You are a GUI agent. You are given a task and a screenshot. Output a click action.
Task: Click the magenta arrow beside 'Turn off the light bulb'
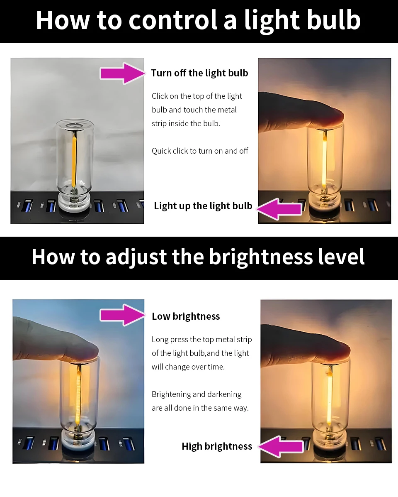pyautogui.click(x=122, y=73)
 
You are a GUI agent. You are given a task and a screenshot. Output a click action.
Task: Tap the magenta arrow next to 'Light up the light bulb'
pyautogui.click(x=279, y=209)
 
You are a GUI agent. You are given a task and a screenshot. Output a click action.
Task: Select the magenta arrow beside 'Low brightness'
pyautogui.click(x=122, y=316)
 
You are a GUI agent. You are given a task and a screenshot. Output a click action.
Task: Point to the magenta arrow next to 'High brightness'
pyautogui.click(x=281, y=447)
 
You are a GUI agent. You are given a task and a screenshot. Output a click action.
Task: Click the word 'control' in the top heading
pyautogui.click(x=173, y=20)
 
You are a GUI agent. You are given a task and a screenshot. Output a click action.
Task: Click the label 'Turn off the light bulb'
pyautogui.click(x=199, y=73)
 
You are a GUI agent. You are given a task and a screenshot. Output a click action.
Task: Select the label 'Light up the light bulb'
pyautogui.click(x=203, y=206)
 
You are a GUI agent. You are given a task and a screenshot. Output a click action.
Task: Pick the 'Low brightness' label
pyautogui.click(x=186, y=316)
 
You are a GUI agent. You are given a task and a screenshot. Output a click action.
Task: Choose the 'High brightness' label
pyautogui.click(x=217, y=446)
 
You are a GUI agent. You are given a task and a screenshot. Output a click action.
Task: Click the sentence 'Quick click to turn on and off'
pyautogui.click(x=200, y=151)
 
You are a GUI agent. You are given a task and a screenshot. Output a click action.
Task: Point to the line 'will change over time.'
pyautogui.click(x=188, y=367)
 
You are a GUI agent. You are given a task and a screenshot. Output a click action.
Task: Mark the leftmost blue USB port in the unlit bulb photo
pyautogui.click(x=28, y=206)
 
